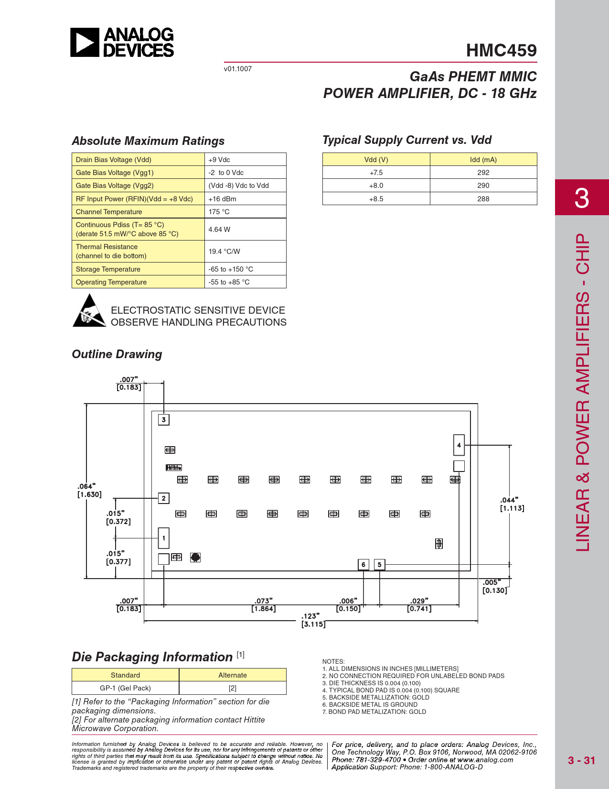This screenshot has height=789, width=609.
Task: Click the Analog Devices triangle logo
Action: pyautogui.click(x=85, y=42)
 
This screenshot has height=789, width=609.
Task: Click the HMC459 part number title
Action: pyautogui.click(x=501, y=51)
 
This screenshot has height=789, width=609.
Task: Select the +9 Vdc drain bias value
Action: pyautogui.click(x=219, y=160)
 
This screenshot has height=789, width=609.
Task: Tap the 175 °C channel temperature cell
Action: pyautogui.click(x=219, y=212)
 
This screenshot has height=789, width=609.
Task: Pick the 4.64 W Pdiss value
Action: pyautogui.click(x=219, y=230)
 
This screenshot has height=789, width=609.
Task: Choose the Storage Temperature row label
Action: pyautogui.click(x=108, y=269)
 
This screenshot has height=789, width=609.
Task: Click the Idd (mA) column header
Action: pyautogui.click(x=483, y=160)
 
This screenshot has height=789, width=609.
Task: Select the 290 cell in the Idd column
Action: pyautogui.click(x=483, y=186)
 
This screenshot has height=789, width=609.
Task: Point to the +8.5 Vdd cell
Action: pyautogui.click(x=376, y=199)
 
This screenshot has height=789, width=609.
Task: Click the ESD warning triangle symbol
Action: pyautogui.click(x=89, y=311)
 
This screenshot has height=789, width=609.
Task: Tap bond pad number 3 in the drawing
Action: pyautogui.click(x=163, y=420)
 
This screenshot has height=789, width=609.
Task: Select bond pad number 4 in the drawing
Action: pyautogui.click(x=459, y=445)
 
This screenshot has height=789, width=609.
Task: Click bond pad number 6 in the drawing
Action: pyautogui.click(x=363, y=565)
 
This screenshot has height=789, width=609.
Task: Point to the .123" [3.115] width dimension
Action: pyautogui.click(x=313, y=620)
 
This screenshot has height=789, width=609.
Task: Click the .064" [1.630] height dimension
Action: pyautogui.click(x=89, y=491)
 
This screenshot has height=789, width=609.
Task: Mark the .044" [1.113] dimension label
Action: pyautogui.click(x=512, y=504)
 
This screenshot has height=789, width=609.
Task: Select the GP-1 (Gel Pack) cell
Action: pyautogui.click(x=125, y=688)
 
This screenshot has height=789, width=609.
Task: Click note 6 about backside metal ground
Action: pyautogui.click(x=370, y=704)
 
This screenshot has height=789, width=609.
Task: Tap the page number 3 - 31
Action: pyautogui.click(x=581, y=760)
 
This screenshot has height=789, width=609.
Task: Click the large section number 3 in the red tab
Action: pyautogui.click(x=582, y=198)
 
